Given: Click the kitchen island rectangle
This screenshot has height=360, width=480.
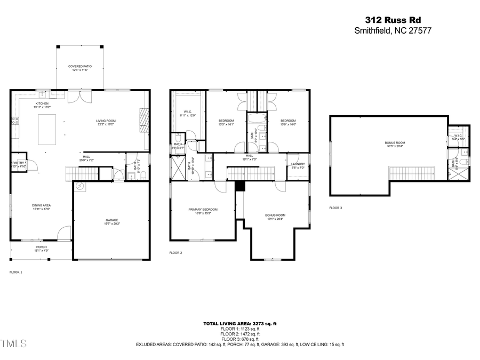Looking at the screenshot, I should click(x=48, y=130).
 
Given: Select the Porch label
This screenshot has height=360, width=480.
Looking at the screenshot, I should click(x=42, y=249).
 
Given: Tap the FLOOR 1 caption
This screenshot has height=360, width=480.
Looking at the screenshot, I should click(x=16, y=272).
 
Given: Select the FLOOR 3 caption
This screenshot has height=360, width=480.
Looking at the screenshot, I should click(x=335, y=207).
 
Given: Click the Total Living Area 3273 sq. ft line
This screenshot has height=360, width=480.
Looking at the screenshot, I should click(x=240, y=324).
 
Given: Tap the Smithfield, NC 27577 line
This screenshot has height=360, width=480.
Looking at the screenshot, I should click(x=393, y=31).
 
